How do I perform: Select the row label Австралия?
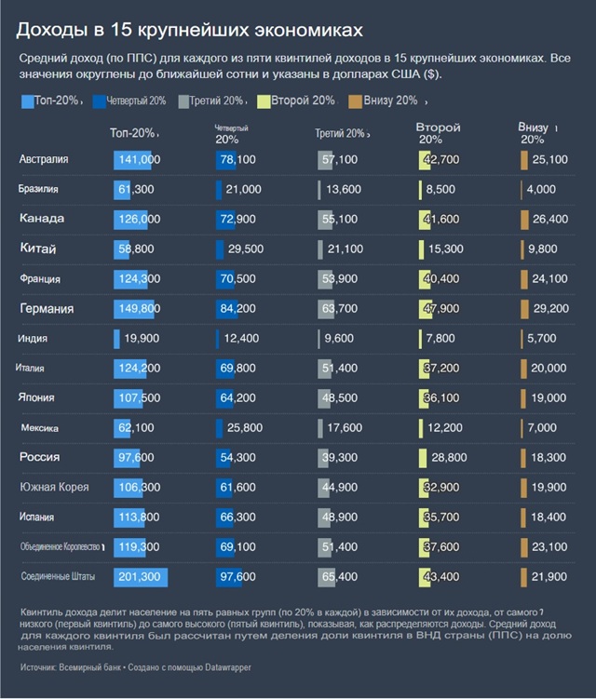(44, 160)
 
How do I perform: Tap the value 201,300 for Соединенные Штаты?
(140, 577)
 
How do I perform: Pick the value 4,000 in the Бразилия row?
(541, 190)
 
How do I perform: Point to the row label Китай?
(38, 249)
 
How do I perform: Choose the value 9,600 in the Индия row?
(341, 339)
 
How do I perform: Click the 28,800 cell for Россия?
(450, 458)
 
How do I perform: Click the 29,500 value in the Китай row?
(246, 249)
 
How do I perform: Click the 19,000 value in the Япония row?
(549, 398)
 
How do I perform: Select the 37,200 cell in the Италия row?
(440, 369)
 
